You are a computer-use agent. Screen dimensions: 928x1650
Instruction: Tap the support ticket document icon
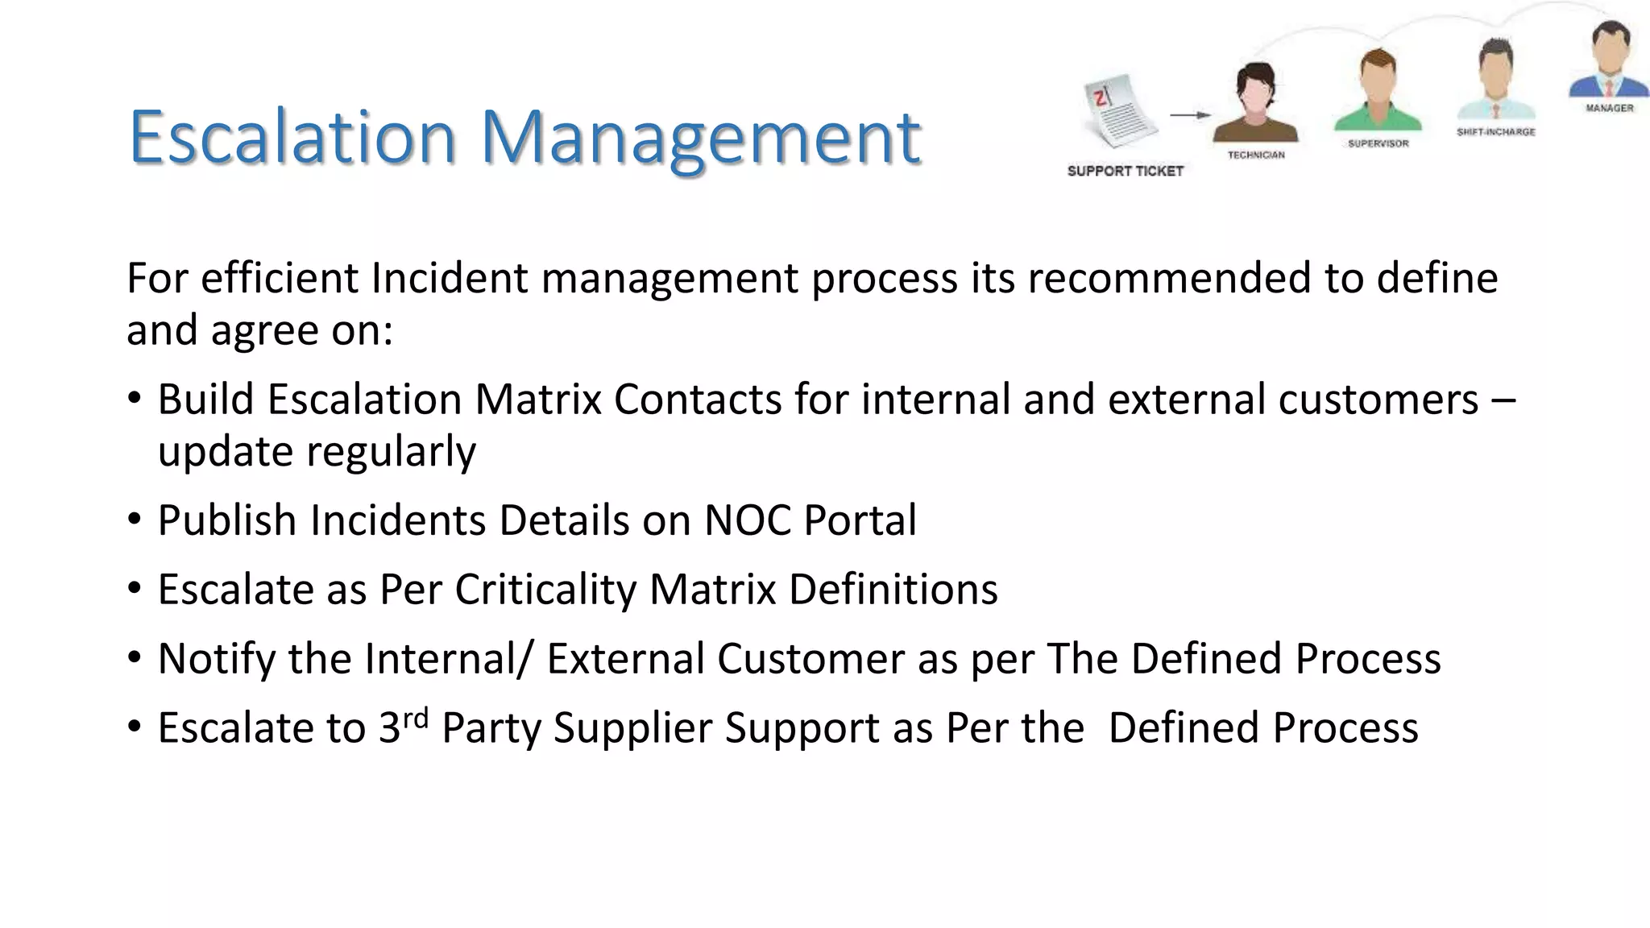1121,112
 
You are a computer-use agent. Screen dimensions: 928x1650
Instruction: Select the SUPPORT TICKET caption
1125,171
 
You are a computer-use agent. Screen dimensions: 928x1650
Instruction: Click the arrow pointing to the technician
1189,115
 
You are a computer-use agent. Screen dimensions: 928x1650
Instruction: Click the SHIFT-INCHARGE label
1495,132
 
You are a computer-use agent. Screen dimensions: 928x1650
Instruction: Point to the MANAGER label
1609,108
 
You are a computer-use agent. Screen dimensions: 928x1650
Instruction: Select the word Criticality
545,590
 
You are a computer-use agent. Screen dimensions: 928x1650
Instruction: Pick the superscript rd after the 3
415,716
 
